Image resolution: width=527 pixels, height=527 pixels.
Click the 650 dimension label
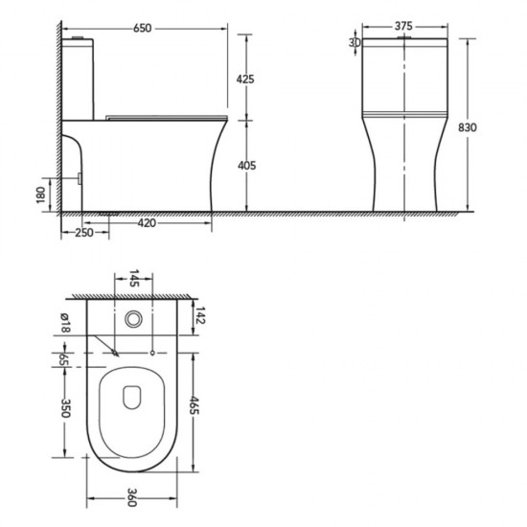tap(143, 28)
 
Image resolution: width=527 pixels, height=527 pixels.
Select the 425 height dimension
tap(245, 80)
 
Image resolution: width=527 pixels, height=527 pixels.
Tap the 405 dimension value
tap(246, 166)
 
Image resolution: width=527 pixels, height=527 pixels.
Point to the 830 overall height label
tap(468, 127)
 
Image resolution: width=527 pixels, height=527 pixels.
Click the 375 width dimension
tap(403, 26)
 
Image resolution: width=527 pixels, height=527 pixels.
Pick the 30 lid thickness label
tap(355, 43)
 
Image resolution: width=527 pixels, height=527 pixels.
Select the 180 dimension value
tap(40, 195)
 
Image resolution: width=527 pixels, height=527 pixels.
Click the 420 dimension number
tap(147, 223)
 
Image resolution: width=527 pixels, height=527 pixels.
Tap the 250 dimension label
tap(84, 233)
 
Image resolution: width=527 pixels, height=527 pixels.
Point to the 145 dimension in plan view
tap(134, 278)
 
